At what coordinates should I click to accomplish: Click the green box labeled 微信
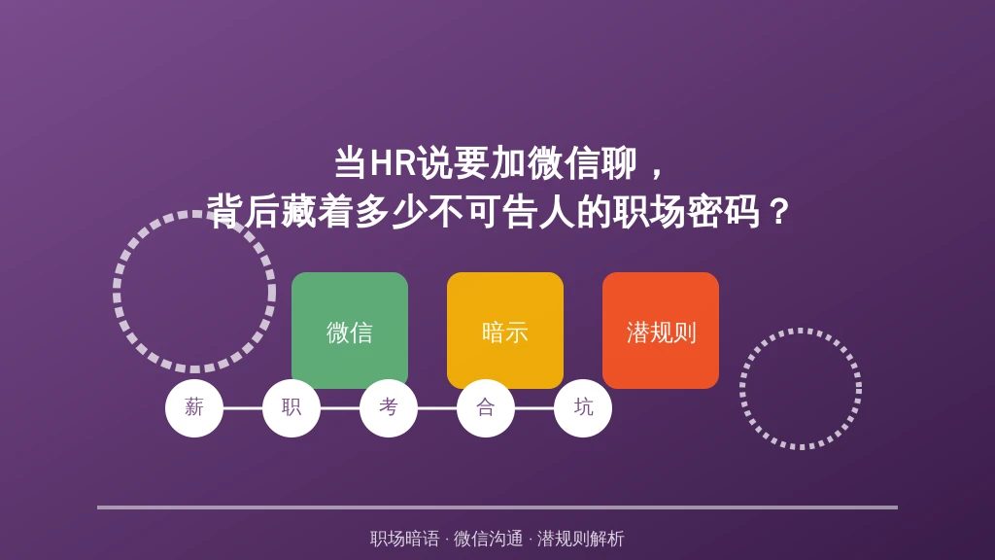(x=350, y=331)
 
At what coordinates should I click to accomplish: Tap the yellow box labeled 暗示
(x=505, y=331)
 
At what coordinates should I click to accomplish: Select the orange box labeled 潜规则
(x=661, y=331)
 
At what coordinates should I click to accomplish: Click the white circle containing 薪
(x=194, y=407)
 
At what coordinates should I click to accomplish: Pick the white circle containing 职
(x=292, y=407)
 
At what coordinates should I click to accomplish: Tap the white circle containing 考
(x=389, y=407)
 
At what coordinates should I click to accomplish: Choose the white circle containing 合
(x=486, y=407)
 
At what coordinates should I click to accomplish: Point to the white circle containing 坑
(x=583, y=407)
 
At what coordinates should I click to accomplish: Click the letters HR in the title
(x=393, y=162)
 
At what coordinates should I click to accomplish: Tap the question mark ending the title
(x=777, y=212)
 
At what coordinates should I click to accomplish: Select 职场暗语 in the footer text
(x=405, y=539)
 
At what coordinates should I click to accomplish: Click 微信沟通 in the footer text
(x=488, y=539)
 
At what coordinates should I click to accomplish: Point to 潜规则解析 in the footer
(x=581, y=539)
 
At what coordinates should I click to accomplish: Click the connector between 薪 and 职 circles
(x=242, y=408)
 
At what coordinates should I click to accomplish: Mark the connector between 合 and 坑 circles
(x=534, y=408)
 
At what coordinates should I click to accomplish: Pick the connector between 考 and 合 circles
(x=437, y=408)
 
